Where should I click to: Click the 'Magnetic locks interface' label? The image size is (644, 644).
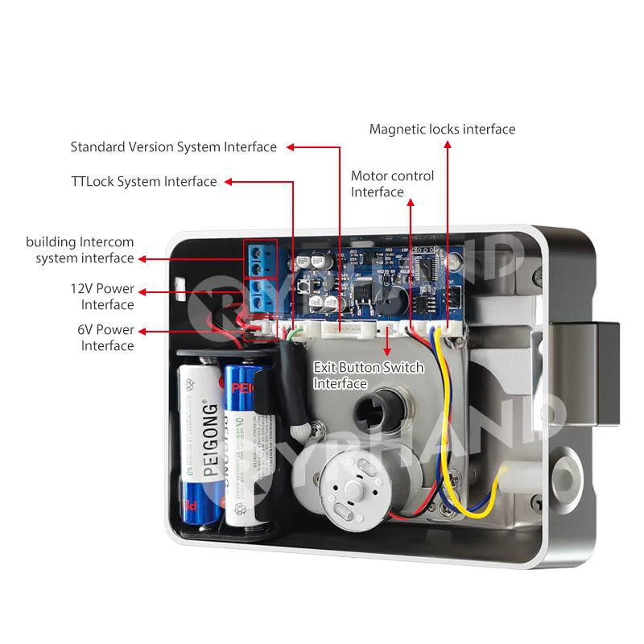click(x=442, y=129)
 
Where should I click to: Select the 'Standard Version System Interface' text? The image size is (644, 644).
click(x=173, y=147)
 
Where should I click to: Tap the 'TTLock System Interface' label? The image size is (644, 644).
click(x=143, y=181)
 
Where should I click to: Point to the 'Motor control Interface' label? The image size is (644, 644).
click(x=392, y=184)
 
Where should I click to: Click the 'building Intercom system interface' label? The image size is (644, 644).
click(x=80, y=250)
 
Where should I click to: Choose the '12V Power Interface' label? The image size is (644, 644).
click(x=102, y=296)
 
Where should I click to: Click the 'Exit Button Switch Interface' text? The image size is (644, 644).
click(x=368, y=375)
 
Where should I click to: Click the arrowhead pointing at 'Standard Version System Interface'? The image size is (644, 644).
click(x=290, y=147)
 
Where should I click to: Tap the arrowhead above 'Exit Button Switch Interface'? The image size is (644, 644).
click(x=389, y=351)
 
